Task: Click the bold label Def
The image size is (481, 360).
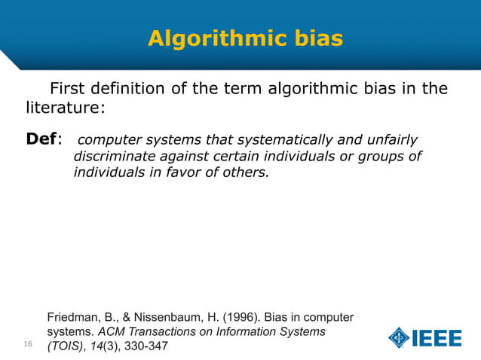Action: click(x=41, y=139)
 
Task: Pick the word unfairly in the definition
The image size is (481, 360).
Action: click(x=391, y=140)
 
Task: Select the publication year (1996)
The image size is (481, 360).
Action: click(x=244, y=315)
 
